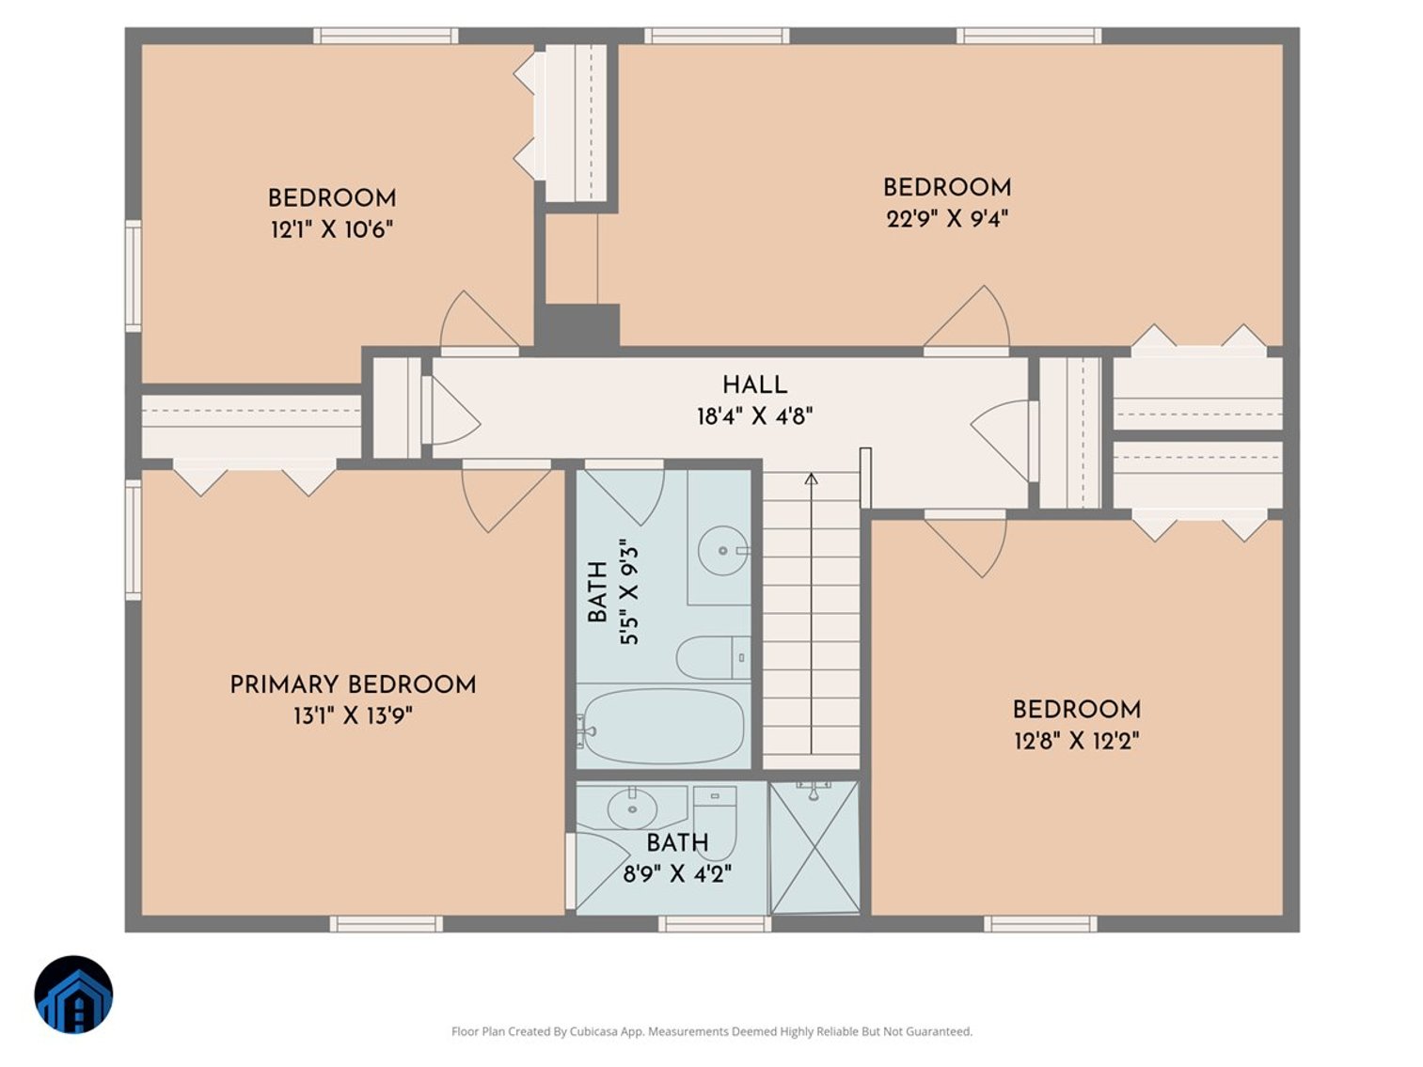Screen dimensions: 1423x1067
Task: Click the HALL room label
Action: pyautogui.click(x=754, y=384)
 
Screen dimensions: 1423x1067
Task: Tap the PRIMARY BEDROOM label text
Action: pyautogui.click(x=354, y=684)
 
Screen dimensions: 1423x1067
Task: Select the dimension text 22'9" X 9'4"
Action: pyautogui.click(x=947, y=219)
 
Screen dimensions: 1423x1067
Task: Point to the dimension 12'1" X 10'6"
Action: pyautogui.click(x=332, y=228)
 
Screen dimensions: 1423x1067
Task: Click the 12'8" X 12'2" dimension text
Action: pyautogui.click(x=1077, y=741)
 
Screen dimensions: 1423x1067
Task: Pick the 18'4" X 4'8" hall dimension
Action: pyautogui.click(x=754, y=416)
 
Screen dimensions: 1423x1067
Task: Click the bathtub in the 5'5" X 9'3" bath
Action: pyautogui.click(x=662, y=727)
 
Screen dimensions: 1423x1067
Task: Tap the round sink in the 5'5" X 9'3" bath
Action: pyautogui.click(x=723, y=551)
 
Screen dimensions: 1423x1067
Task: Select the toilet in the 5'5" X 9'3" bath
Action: pyautogui.click(x=713, y=657)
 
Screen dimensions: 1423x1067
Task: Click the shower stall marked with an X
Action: pyautogui.click(x=814, y=847)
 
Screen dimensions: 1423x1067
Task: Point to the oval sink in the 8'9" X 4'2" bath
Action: pyautogui.click(x=632, y=809)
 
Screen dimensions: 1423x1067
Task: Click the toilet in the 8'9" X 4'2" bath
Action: pyautogui.click(x=715, y=821)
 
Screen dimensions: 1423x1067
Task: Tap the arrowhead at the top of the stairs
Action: pyautogui.click(x=811, y=479)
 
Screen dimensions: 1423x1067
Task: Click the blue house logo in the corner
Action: pyautogui.click(x=74, y=995)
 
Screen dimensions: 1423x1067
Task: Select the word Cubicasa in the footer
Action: pyautogui.click(x=594, y=1031)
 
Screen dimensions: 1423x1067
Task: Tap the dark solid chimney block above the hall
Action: pyautogui.click(x=577, y=328)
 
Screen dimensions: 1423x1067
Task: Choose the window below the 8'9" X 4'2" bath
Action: pyautogui.click(x=715, y=923)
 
